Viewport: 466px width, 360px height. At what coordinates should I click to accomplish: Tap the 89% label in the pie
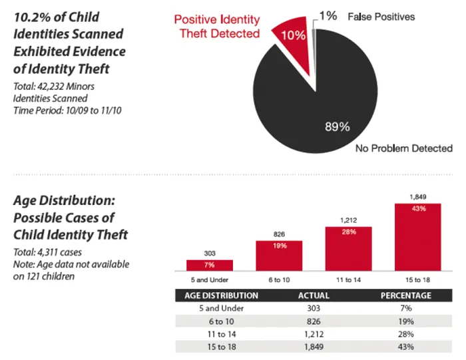tap(338, 127)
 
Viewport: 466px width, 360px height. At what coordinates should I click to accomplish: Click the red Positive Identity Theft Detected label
tap(218, 27)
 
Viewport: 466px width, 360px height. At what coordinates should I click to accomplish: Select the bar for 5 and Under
tap(214, 265)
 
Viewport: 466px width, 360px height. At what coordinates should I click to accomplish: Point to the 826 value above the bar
tap(279, 234)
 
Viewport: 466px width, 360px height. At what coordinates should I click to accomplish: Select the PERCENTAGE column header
tap(405, 295)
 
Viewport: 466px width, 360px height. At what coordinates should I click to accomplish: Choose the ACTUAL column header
tap(313, 295)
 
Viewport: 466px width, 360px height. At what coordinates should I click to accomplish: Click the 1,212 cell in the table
tap(313, 334)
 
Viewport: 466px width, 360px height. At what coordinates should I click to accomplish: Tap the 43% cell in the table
tap(405, 347)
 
